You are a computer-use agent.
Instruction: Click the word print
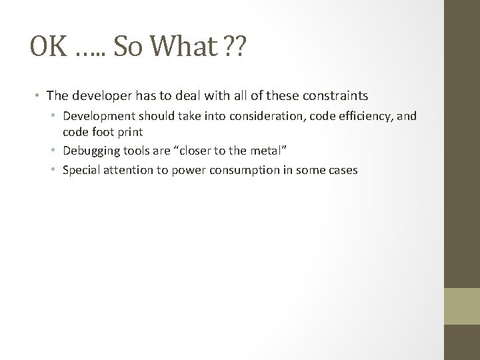click(128, 133)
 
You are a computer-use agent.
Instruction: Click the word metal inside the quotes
click(267, 151)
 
